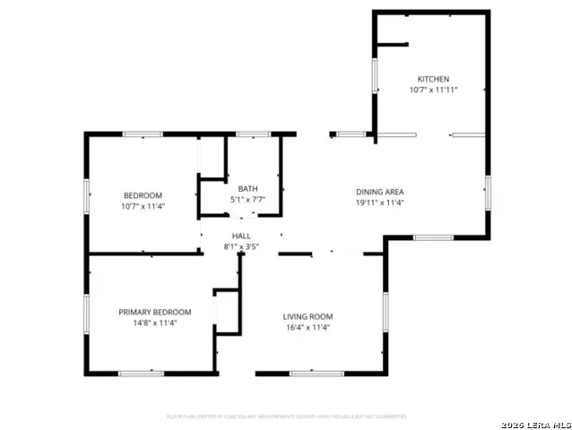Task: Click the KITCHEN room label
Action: point(433,79)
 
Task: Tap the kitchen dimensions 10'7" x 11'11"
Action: point(433,90)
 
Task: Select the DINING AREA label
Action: point(379,192)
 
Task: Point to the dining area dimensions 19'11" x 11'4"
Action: point(379,202)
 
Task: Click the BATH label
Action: point(247,188)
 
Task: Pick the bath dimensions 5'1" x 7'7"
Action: point(247,199)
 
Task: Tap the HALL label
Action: point(241,236)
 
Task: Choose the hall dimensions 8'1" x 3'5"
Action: point(241,246)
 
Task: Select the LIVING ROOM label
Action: point(308,316)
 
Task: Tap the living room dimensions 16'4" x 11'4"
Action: point(308,327)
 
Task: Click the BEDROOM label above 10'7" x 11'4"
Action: point(143,195)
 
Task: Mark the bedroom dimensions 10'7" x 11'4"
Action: point(143,206)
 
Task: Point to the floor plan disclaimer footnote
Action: point(287,417)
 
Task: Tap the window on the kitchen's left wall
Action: point(375,75)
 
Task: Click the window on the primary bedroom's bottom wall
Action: point(141,373)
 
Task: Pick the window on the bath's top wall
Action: point(254,134)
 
